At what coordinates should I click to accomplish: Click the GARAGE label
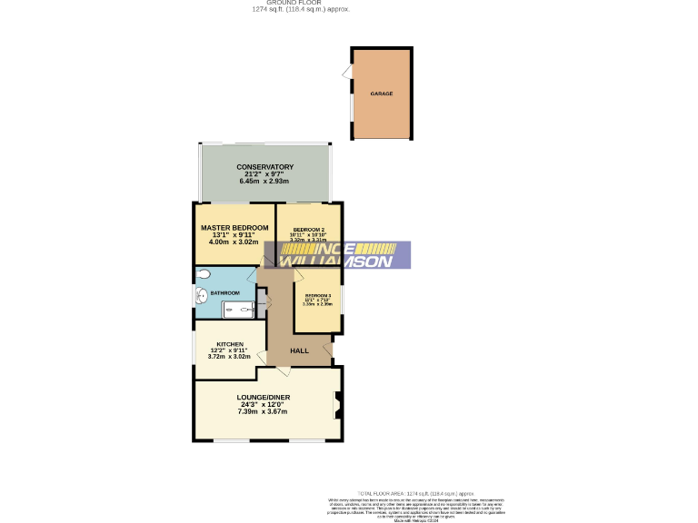point(381,94)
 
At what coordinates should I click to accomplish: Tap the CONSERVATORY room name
point(264,167)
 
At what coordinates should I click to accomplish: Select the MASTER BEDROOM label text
point(234,227)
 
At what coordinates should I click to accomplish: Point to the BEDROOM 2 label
point(308,229)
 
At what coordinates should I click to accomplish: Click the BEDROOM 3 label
point(317,296)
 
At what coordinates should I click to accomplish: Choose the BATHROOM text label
point(224,293)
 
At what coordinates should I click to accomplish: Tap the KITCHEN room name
point(229,344)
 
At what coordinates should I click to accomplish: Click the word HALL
point(299,350)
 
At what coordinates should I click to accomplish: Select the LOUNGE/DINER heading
point(263,398)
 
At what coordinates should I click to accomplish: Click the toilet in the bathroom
point(203,273)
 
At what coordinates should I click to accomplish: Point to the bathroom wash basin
point(201,295)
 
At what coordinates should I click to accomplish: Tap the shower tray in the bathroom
point(239,310)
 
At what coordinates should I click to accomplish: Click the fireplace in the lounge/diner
point(338,405)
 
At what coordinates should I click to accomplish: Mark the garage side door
point(347,71)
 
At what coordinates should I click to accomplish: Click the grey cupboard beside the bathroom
point(263,301)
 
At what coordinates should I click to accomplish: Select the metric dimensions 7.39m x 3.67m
point(263,412)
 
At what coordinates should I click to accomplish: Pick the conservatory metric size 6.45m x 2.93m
point(264,182)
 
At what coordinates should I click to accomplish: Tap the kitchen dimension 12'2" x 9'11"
point(229,350)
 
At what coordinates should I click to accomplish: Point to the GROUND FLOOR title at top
point(300,3)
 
